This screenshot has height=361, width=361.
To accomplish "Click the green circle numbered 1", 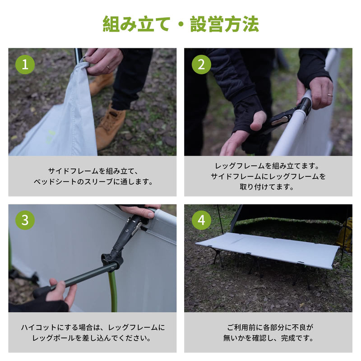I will [x=25, y=65].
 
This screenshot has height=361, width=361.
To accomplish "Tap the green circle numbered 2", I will [x=201, y=65].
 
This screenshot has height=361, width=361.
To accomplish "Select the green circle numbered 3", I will [x=25, y=220].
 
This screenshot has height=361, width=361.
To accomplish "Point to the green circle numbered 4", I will [x=201, y=220].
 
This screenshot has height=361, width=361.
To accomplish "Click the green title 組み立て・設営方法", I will [x=180, y=23].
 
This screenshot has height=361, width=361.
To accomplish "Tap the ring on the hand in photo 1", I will [x=107, y=67].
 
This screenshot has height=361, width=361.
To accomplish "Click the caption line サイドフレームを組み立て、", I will [x=92, y=171].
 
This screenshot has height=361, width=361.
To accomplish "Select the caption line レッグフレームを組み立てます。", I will [x=268, y=166].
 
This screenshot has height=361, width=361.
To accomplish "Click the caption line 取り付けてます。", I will [x=268, y=186].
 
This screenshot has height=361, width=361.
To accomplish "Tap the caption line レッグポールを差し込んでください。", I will [x=92, y=338].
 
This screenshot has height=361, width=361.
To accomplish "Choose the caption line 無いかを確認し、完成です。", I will [x=268, y=338].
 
